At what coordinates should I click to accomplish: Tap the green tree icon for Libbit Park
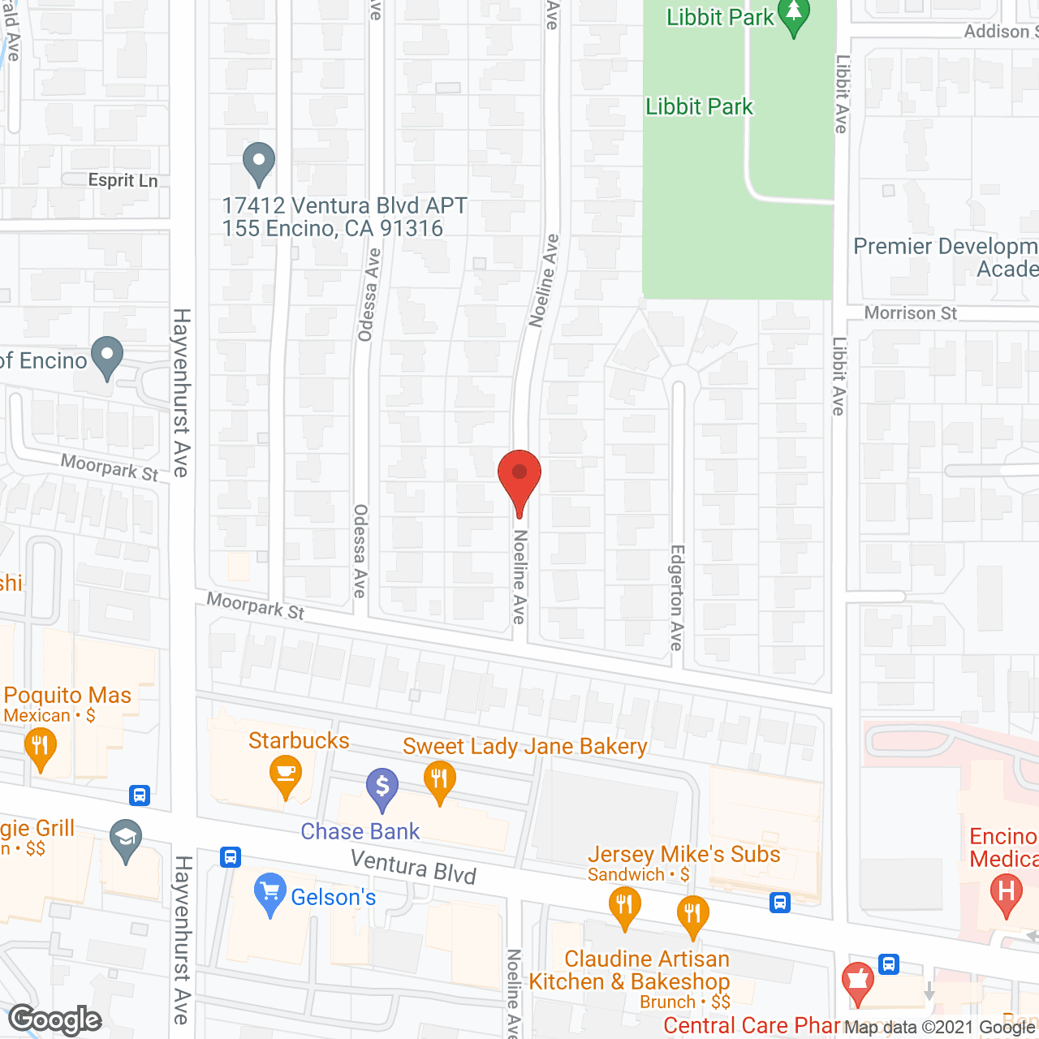793,15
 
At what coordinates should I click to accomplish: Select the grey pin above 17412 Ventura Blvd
259,162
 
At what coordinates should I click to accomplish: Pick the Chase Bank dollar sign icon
382,787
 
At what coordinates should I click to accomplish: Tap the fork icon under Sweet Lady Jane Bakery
439,781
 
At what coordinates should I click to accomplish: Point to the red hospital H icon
1006,893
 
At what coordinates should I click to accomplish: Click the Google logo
55,1020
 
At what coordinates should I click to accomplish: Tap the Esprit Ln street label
123,180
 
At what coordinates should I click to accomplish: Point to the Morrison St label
910,313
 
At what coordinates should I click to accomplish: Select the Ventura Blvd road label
413,866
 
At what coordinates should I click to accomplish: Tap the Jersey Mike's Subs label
683,854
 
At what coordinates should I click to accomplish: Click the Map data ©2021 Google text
939,1027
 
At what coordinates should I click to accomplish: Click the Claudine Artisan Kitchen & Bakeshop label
630,970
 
